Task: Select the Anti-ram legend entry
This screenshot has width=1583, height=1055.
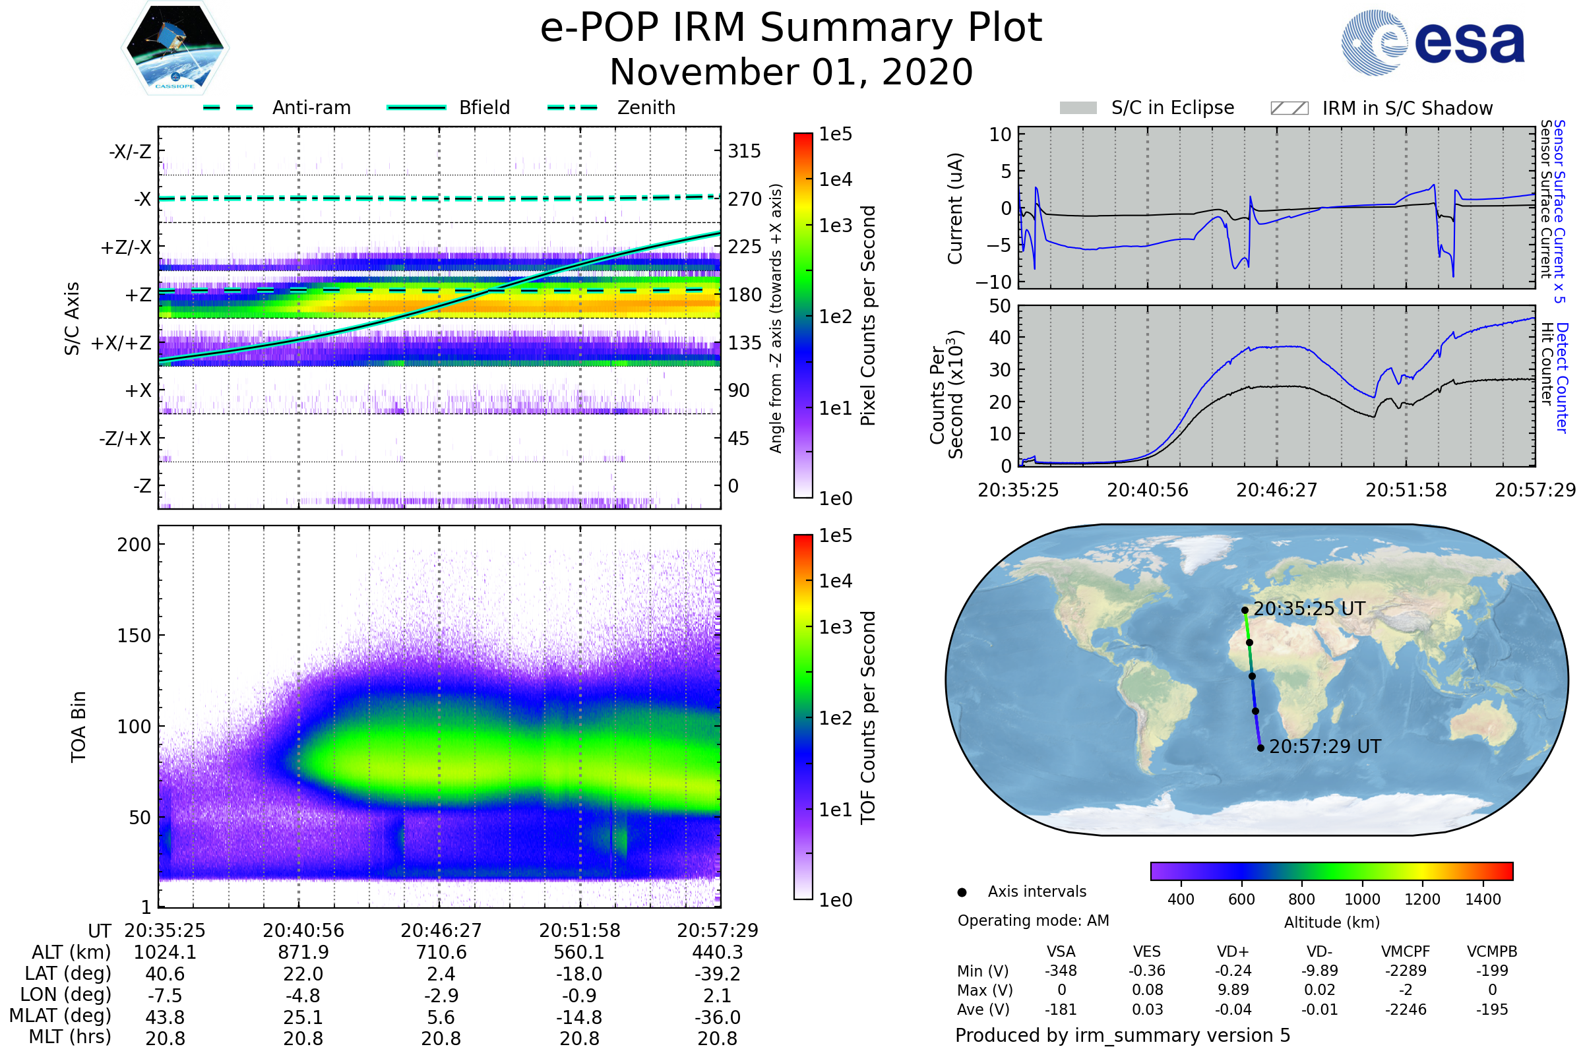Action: click(x=311, y=107)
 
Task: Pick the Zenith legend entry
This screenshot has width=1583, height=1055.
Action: click(x=646, y=107)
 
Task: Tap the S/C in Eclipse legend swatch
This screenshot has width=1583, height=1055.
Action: click(x=1078, y=108)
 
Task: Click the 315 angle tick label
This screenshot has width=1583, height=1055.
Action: click(x=744, y=152)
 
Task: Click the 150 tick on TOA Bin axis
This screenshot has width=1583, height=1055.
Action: click(x=134, y=636)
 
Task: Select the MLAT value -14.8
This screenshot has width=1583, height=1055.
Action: click(x=579, y=1017)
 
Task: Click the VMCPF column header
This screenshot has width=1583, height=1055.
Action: click(x=1406, y=952)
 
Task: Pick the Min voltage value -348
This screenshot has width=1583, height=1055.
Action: click(x=1061, y=971)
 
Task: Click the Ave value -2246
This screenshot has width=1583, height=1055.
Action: click(x=1406, y=1010)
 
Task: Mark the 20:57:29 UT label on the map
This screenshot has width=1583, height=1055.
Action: click(x=1324, y=747)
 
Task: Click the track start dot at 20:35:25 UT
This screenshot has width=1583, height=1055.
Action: click(x=1245, y=611)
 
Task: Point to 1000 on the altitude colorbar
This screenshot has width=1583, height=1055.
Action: click(x=1362, y=899)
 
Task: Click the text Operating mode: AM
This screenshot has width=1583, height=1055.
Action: click(x=1033, y=920)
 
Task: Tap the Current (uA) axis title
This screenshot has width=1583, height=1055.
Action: click(x=955, y=208)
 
